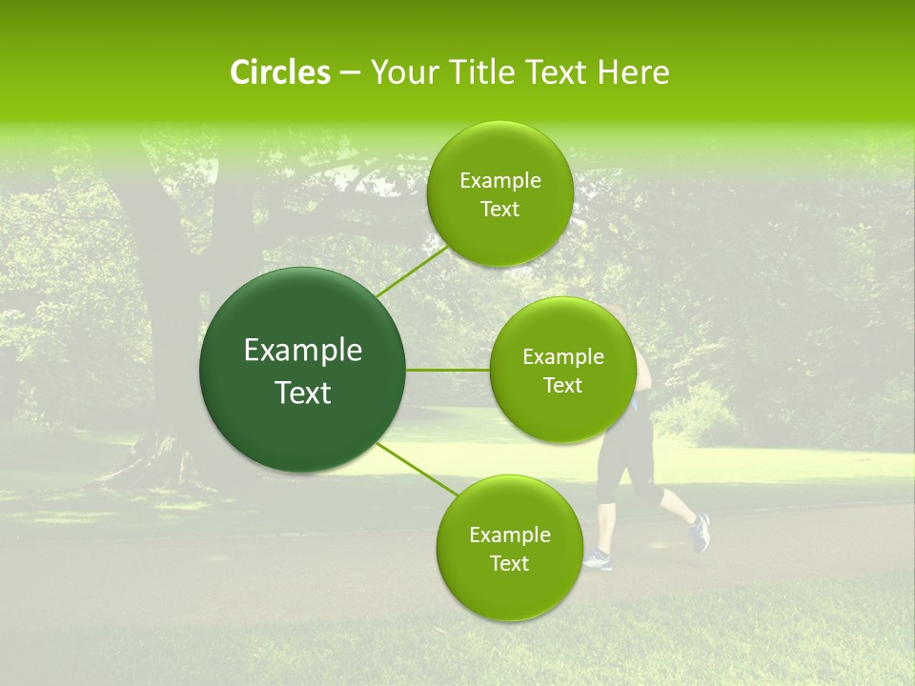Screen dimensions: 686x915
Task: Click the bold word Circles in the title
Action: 280,72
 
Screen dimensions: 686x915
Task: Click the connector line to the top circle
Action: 412,271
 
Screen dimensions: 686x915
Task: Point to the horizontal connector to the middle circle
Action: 448,370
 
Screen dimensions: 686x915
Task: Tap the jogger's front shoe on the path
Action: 598,559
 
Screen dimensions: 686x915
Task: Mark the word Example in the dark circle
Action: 303,351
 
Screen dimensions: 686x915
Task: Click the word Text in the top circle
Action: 499,210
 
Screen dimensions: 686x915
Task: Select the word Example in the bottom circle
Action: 510,535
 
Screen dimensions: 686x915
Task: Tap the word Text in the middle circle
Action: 562,386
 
